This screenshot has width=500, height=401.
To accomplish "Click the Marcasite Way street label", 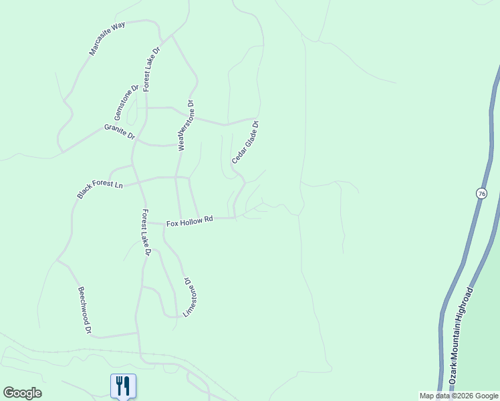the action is click(107, 39).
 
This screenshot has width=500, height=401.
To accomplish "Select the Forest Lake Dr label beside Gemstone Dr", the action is click(151, 69).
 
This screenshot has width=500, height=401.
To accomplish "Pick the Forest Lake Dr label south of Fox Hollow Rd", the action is click(145, 233).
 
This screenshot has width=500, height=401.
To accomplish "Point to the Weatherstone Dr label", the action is click(184, 126).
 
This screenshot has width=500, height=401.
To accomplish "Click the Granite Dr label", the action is click(119, 131).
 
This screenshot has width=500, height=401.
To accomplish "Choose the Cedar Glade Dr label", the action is click(245, 142).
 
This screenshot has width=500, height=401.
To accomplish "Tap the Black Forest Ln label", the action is click(100, 187).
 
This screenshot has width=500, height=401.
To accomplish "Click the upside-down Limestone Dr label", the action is click(192, 297).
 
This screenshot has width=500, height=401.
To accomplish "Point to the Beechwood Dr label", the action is click(84, 310).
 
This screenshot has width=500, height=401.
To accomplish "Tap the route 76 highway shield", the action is click(481, 193).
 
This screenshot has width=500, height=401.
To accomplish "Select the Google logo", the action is click(22, 393).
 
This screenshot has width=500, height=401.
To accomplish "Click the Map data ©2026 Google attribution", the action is click(459, 396).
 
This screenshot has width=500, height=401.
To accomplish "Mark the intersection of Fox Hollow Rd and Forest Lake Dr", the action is click(147, 223).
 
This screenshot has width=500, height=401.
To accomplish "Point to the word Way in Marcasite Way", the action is click(119, 27).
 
